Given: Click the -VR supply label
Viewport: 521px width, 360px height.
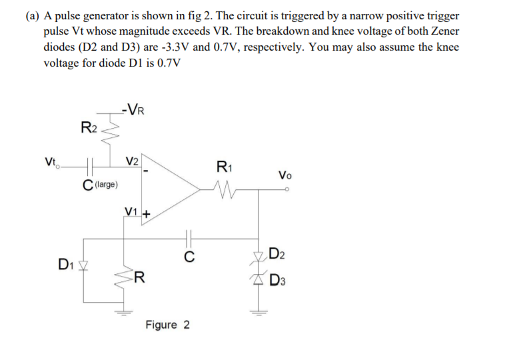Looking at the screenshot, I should click(x=135, y=109).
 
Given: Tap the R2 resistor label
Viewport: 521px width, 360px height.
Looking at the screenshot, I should click(x=89, y=127).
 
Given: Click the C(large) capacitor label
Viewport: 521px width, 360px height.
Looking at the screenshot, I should click(x=100, y=183).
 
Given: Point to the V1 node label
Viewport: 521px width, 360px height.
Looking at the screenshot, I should click(x=132, y=213).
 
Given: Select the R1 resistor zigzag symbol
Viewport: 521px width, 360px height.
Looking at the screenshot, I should click(x=225, y=189).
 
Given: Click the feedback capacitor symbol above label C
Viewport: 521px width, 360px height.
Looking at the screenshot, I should click(x=189, y=236).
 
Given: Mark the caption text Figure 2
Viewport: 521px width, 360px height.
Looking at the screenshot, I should click(x=167, y=325).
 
